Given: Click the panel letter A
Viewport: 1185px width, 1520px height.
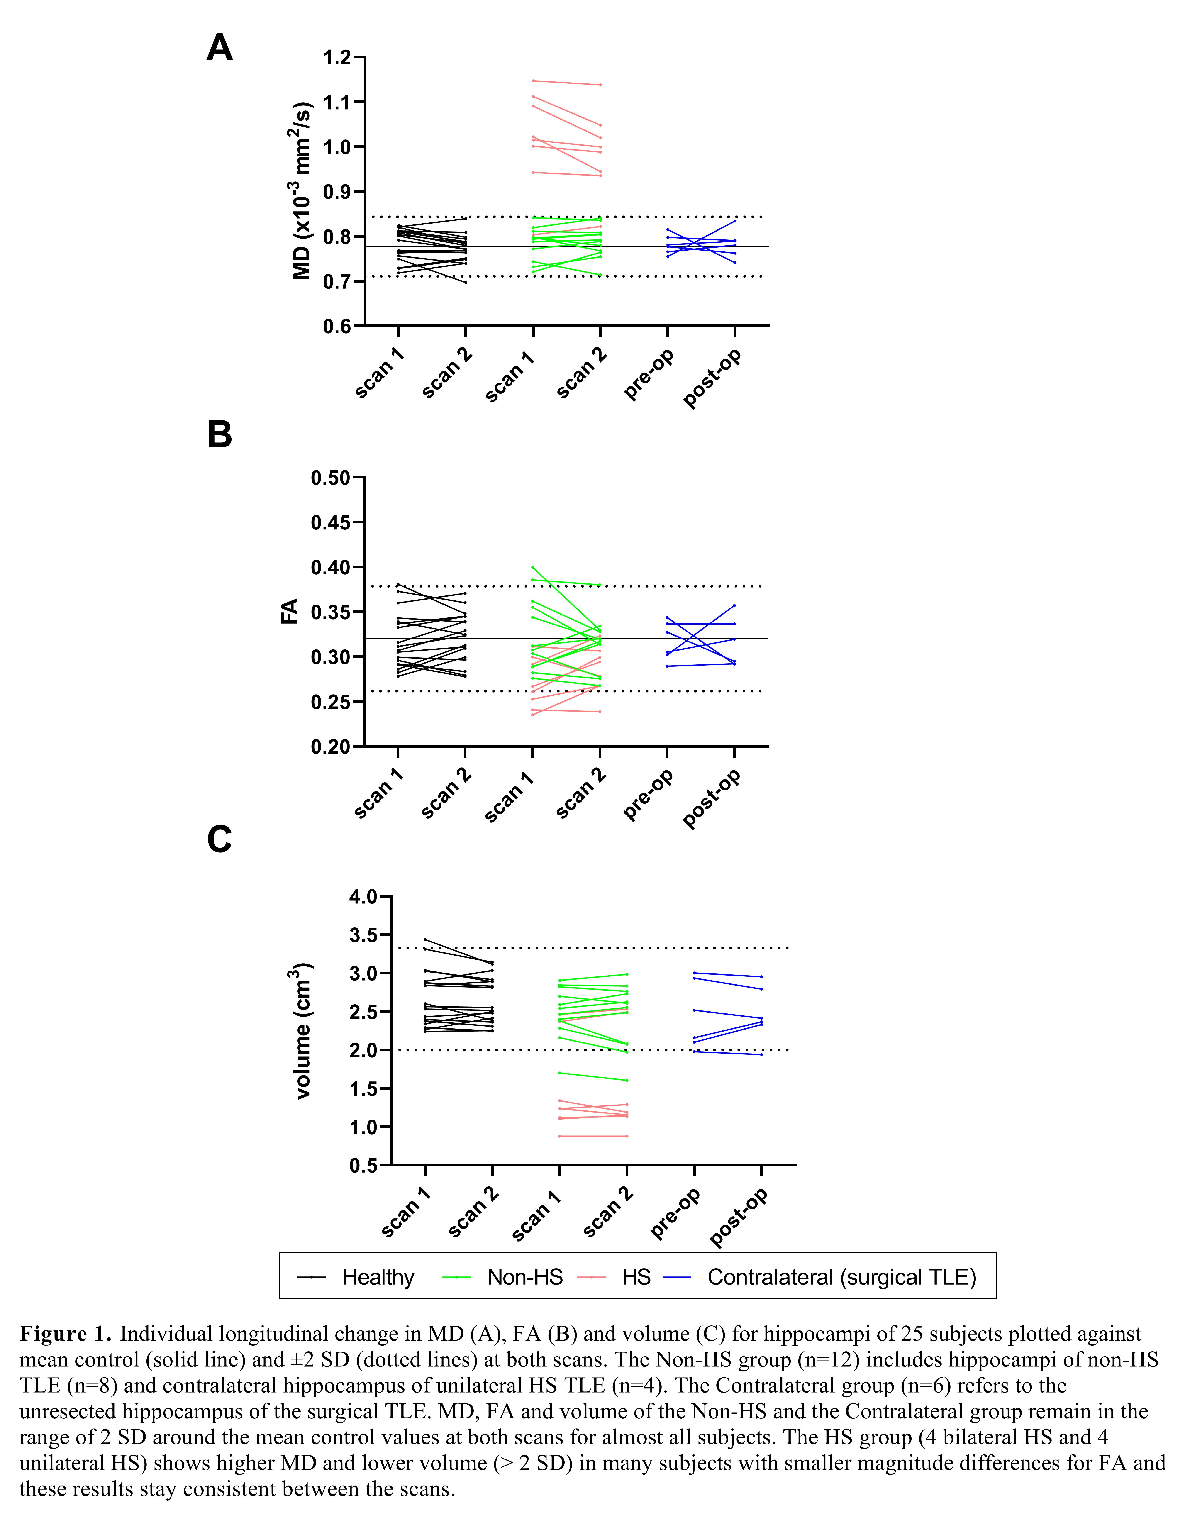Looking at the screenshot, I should tap(220, 49).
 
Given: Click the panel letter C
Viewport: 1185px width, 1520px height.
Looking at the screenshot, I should tap(220, 839).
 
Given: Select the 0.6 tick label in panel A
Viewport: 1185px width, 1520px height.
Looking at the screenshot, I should tap(337, 326).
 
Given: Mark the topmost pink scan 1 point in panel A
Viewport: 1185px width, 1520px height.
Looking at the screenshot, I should tap(533, 81).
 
